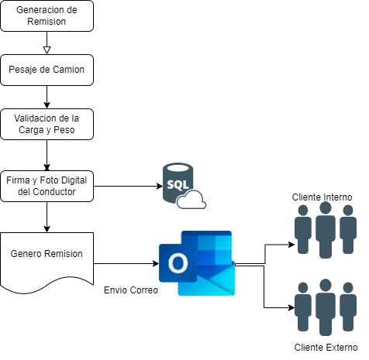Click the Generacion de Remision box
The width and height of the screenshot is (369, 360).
47,16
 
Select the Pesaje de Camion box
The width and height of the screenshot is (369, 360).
47,70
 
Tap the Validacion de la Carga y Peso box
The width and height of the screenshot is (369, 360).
47,124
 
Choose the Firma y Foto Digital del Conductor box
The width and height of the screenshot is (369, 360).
47,186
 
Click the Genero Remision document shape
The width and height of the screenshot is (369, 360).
47,261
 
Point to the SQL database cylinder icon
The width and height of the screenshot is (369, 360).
178,182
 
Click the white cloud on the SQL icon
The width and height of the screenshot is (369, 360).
191,200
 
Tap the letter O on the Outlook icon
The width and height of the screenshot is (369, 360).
178,263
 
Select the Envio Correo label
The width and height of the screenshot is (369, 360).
131,290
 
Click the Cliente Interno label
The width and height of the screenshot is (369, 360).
322,197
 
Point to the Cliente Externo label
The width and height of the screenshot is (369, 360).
326,348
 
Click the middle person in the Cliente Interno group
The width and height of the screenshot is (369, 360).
326,230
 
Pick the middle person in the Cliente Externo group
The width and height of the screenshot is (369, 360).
326,307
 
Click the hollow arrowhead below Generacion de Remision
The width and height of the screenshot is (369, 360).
47,50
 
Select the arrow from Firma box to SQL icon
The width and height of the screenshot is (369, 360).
128,186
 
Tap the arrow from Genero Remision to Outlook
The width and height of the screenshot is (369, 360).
126,263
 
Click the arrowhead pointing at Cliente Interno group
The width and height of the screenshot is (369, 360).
291,244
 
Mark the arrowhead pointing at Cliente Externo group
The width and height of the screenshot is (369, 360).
291,307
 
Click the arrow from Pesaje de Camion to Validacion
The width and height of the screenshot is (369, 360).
47,97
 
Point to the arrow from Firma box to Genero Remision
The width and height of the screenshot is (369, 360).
47,217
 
